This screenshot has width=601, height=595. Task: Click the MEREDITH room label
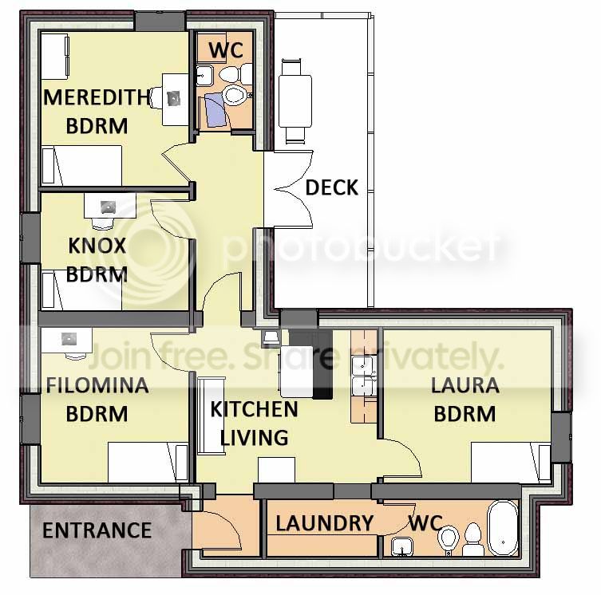(x=97, y=97)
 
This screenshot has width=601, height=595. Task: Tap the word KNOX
(x=97, y=246)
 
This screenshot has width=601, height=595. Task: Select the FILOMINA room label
(x=97, y=385)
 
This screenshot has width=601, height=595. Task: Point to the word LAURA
(x=465, y=385)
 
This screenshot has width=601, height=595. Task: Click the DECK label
(x=331, y=187)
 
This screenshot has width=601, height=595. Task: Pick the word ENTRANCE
(x=97, y=530)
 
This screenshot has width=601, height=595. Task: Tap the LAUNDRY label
(x=324, y=523)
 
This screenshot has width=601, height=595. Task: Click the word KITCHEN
(x=254, y=409)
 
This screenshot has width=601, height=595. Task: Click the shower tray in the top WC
(x=215, y=111)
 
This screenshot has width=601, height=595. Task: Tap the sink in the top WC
(x=204, y=75)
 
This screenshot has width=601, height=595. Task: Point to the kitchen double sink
(x=362, y=376)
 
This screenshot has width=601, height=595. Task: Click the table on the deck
(x=295, y=100)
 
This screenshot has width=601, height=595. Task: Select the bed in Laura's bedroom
(x=511, y=462)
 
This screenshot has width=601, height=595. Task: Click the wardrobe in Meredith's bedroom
(x=54, y=57)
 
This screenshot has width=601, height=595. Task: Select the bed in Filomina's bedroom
(x=148, y=462)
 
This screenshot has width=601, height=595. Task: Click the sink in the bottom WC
(x=402, y=546)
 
